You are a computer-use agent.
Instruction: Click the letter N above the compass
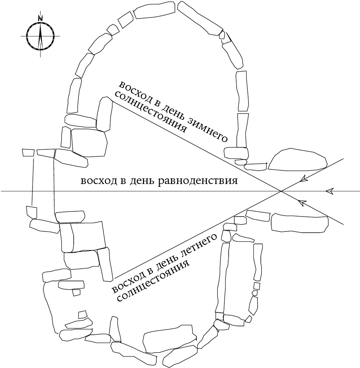[41, 18]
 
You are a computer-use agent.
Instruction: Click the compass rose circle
[41, 36]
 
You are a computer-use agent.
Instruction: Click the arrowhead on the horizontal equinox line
[329, 191]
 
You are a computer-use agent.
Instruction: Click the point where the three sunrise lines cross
[281, 191]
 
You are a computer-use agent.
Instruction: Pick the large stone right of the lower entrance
[300, 222]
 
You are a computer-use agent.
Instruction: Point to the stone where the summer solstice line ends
[105, 264]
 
